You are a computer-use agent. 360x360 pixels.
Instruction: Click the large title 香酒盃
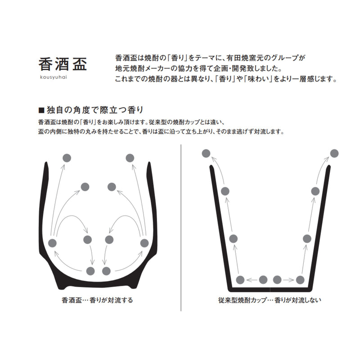(63, 64)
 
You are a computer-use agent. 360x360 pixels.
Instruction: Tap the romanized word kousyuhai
(54, 77)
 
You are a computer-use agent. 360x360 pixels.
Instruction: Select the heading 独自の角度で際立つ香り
(95, 110)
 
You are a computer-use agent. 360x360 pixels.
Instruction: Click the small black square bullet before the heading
(41, 110)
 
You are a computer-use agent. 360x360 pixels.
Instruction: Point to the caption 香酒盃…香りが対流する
(97, 300)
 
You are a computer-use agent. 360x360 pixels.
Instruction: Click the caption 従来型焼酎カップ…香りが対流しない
(270, 300)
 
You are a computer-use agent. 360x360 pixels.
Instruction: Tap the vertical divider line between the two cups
(181, 228)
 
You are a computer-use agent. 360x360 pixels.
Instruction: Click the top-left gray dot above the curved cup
(67, 158)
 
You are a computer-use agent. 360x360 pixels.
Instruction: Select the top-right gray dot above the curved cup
(130, 158)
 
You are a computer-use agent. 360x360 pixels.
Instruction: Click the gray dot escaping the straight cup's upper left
(206, 153)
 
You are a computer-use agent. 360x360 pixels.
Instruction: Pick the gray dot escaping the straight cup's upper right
(334, 153)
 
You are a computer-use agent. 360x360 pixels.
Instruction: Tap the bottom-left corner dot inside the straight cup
(240, 280)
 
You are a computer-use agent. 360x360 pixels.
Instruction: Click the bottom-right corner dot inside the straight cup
(300, 280)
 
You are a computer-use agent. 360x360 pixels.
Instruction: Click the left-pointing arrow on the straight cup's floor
(252, 280)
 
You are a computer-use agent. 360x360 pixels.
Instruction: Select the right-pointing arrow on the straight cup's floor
(288, 280)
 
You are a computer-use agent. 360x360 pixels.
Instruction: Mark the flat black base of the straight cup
(270, 289)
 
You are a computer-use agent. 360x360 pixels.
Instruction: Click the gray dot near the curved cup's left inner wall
(52, 243)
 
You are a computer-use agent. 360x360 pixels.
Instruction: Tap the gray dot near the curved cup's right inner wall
(144, 243)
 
